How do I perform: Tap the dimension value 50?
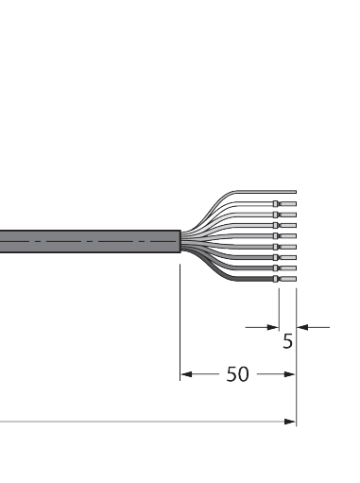coord(237,375)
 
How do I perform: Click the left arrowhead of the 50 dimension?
coord(185,375)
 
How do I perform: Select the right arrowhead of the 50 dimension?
coord(291,375)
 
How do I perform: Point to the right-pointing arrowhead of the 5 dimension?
coord(272,327)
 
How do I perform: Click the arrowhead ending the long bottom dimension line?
coord(291,422)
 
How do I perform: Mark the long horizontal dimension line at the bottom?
coord(142,422)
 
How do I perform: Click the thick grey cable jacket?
coord(85,242)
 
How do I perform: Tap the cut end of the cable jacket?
coord(179,242)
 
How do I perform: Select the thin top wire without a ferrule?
coord(255,190)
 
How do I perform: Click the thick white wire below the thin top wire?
coord(246,204)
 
